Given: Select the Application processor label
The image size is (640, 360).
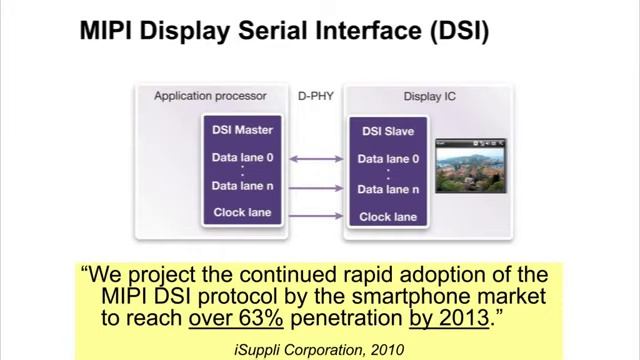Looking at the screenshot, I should point(210,96).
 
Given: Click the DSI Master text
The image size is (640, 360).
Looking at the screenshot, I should point(242,129).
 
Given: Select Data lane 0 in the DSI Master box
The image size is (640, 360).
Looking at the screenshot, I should point(242,157).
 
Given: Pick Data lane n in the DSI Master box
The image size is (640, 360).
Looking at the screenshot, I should point(242,185).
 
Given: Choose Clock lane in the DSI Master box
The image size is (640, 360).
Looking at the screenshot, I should point(242,212).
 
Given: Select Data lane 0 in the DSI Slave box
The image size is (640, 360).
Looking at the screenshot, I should point(388,159).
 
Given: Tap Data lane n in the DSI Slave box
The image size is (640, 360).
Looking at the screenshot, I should point(388,188).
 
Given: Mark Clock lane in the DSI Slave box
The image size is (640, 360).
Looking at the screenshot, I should point(388,215).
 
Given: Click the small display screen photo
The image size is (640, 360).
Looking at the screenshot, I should point(471,166).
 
